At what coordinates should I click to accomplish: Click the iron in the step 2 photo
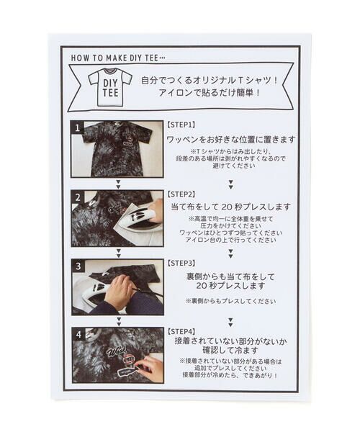pos(141,217)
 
